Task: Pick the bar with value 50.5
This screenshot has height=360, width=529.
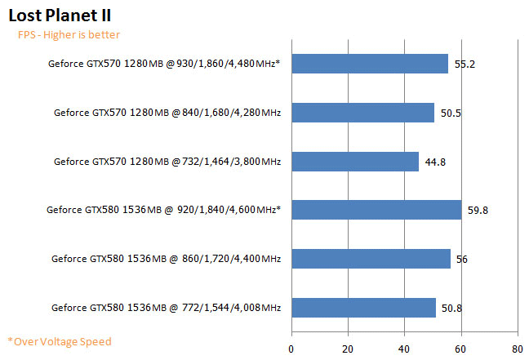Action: pyautogui.click(x=362, y=113)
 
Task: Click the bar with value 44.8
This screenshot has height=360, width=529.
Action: pyautogui.click(x=355, y=162)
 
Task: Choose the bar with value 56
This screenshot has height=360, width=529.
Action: pyautogui.click(x=371, y=259)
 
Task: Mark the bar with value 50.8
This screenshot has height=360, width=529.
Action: pyautogui.click(x=363, y=308)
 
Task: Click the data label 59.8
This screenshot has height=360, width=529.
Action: pyautogui.click(x=478, y=211)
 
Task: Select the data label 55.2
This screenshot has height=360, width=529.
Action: pyautogui.click(x=465, y=64)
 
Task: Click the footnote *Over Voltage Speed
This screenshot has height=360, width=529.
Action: pyautogui.click(x=59, y=341)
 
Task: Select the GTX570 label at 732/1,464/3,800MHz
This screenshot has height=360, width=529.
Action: pyautogui.click(x=167, y=162)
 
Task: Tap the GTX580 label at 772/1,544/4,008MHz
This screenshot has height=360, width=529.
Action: pyautogui.click(x=166, y=308)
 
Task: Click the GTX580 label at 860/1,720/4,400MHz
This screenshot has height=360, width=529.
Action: pyautogui.click(x=166, y=259)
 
